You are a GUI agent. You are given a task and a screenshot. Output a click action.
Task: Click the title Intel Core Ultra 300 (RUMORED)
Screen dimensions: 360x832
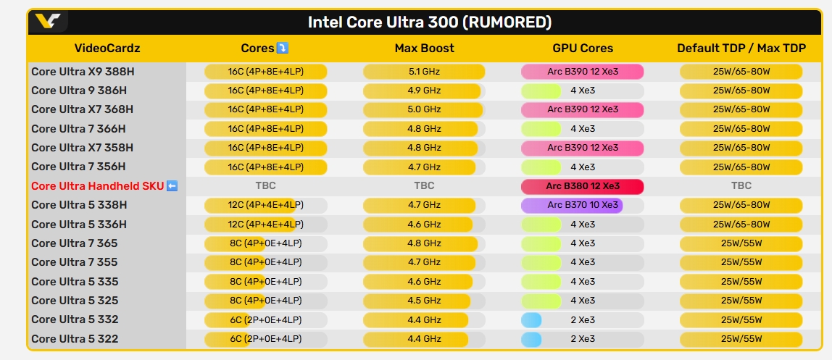(430, 22)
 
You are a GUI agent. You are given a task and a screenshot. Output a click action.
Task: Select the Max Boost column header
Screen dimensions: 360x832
(424, 49)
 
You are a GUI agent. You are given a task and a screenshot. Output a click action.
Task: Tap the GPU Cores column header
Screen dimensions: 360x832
(582, 49)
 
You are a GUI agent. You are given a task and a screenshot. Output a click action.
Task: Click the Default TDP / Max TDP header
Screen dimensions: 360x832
(741, 49)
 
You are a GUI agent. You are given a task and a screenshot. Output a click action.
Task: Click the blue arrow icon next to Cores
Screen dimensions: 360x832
(283, 49)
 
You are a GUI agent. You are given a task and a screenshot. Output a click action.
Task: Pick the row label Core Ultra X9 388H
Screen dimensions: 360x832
(83, 71)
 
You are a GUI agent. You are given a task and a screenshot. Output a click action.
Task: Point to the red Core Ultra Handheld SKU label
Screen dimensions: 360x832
(97, 186)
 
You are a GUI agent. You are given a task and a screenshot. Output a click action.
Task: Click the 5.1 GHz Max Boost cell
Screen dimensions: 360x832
(424, 71)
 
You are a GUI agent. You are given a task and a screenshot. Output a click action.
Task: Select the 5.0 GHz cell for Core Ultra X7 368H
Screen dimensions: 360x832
(424, 109)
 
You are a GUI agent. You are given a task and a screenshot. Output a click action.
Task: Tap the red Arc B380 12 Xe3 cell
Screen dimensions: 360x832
(582, 186)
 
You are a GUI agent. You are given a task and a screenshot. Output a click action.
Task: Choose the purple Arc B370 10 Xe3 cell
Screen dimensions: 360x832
(572, 205)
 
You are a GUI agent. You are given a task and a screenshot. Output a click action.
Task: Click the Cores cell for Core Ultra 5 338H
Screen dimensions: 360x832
(265, 205)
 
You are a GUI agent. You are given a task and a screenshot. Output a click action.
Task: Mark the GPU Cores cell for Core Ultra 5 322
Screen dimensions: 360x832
(582, 339)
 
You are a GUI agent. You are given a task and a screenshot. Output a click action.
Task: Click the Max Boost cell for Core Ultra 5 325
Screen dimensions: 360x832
(424, 301)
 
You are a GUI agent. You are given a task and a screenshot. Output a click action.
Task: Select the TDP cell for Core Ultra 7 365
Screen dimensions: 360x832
(741, 243)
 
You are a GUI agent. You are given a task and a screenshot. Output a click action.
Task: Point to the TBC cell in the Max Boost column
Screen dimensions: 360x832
(424, 186)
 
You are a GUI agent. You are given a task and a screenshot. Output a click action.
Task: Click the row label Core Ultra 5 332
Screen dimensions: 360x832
(75, 319)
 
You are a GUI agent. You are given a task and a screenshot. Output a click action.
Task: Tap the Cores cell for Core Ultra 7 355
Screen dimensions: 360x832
(265, 262)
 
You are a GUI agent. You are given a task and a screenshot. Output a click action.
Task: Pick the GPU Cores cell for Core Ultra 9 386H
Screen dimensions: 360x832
(582, 91)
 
